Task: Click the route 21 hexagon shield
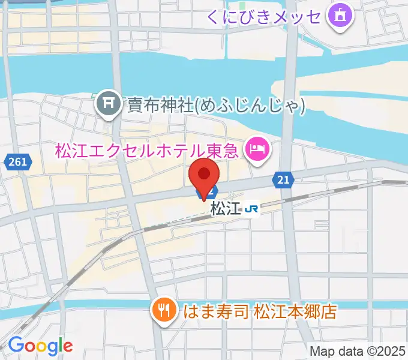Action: click(x=283, y=179)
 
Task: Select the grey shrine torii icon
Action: click(x=109, y=104)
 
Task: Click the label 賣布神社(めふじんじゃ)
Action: click(x=216, y=105)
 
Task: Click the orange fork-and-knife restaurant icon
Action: click(x=163, y=310)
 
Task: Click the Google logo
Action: click(x=40, y=345)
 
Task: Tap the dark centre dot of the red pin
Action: click(x=204, y=174)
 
